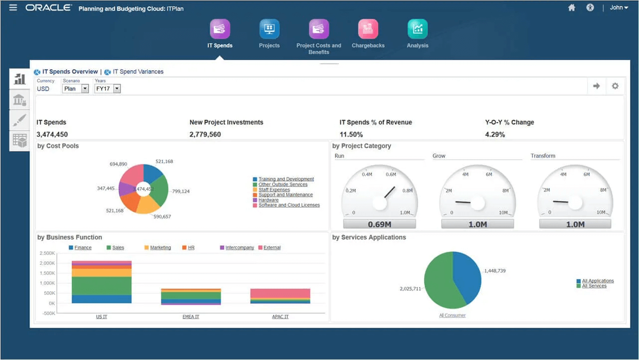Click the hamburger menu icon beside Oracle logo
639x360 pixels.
tap(13, 7)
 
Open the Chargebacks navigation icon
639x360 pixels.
tap(368, 29)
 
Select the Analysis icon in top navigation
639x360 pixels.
tap(417, 29)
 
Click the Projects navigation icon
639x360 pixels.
tap(269, 29)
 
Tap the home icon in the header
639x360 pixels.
tap(572, 7)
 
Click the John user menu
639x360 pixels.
tap(619, 7)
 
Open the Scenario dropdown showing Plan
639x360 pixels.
tap(75, 89)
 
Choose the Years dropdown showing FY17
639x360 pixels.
tap(108, 89)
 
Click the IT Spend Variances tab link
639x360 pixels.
tap(138, 72)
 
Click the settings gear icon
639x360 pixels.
tap(615, 86)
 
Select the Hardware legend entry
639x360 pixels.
tap(268, 200)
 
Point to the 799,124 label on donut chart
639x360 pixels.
tap(180, 191)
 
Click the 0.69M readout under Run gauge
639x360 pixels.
tap(379, 224)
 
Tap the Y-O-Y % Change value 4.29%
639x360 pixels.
tap(495, 135)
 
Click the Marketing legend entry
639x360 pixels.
tap(160, 248)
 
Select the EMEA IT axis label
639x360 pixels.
tap(191, 317)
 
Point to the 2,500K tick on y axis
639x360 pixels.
tap(46, 253)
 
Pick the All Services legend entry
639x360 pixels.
tap(594, 286)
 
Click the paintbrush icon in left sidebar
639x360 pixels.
tap(19, 120)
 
